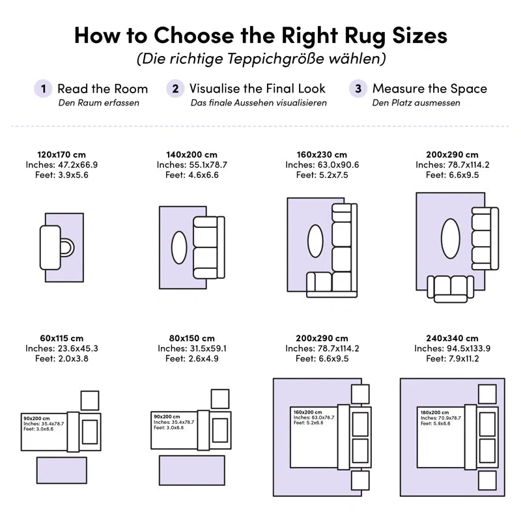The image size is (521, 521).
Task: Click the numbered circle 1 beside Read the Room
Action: (43, 89)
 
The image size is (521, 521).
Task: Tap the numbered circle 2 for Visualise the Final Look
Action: (175, 89)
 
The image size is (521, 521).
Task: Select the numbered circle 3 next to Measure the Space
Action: (358, 89)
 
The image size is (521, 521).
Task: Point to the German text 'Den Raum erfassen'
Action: (99, 103)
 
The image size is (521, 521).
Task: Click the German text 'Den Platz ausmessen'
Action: (416, 103)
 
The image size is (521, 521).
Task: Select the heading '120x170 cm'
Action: (61, 154)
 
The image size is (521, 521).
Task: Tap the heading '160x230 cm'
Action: (322, 154)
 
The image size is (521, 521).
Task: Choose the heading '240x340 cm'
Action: (453, 338)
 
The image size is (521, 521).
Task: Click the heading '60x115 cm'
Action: (61, 338)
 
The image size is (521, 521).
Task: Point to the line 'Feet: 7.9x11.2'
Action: (453, 358)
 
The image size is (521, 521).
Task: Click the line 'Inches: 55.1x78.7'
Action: (191, 165)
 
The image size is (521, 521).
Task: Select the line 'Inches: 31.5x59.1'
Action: (191, 348)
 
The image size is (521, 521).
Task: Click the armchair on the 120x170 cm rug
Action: (55, 247)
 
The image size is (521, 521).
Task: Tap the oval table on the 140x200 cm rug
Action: (179, 247)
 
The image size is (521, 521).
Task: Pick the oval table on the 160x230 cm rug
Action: (315, 240)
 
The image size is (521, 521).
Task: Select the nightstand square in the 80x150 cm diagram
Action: (220, 399)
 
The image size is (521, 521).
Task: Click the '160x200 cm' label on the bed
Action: (307, 412)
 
